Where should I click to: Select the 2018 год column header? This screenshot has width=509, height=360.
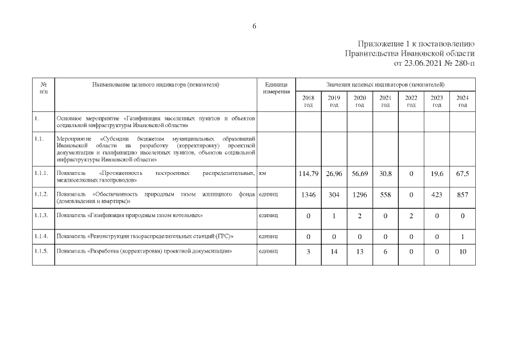coord(308,101)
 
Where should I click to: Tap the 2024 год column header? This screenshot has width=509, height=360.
coord(462,101)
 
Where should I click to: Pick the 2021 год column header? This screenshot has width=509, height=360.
coord(385,101)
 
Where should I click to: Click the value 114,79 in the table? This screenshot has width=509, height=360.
coord(308,174)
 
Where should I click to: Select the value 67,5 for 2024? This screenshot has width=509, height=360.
coord(462,174)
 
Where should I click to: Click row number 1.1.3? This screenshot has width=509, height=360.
coord(42,215)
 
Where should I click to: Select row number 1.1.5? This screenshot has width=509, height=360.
coord(42,251)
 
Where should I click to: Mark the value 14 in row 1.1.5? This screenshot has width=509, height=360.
coord(334,252)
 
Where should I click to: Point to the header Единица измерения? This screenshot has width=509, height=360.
coord(276,88)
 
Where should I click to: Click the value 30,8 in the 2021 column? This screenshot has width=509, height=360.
coord(385,174)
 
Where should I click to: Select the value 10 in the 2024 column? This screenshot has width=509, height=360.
coord(462,252)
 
